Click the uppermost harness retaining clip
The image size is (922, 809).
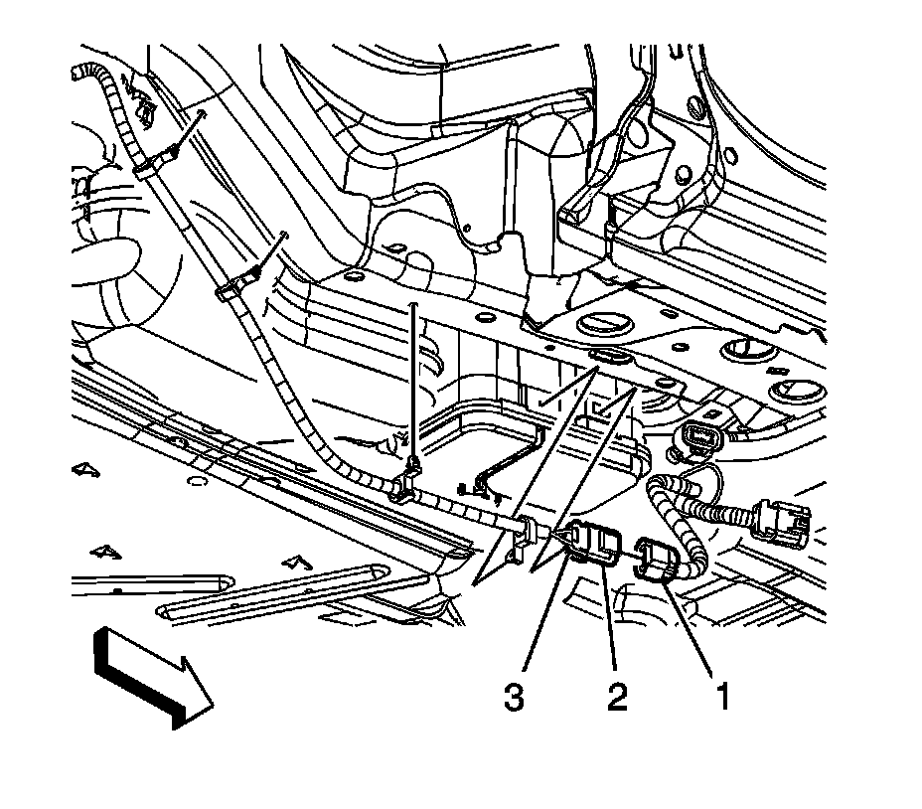point(146,164)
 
